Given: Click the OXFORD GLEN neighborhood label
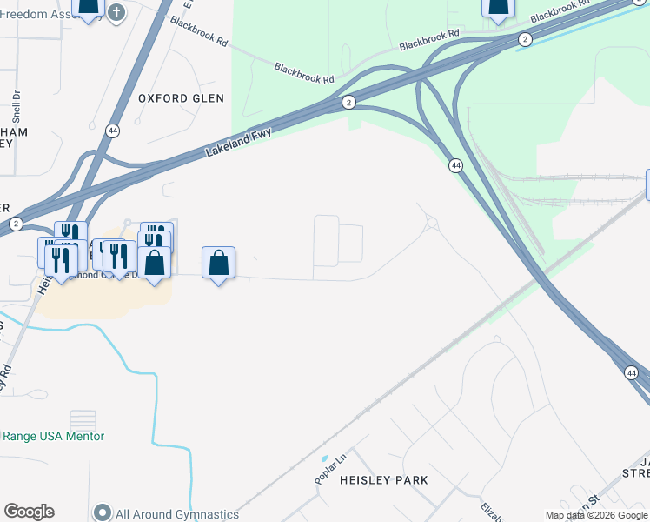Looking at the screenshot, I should (x=181, y=98).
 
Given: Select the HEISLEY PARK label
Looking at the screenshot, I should (x=383, y=480).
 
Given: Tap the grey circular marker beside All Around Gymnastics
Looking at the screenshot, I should (x=103, y=513).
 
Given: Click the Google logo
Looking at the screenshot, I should (x=29, y=512).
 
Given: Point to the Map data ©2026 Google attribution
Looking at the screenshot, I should (x=596, y=515).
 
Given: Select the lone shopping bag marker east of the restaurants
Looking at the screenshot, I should (x=218, y=263).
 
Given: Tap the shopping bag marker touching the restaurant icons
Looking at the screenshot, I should (x=154, y=263).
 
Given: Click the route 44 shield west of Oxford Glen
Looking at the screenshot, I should (x=113, y=130).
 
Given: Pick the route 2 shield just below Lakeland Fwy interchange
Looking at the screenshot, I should (x=348, y=103).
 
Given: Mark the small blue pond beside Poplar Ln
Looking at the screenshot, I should (x=324, y=458).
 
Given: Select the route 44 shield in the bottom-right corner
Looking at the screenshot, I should (x=631, y=372).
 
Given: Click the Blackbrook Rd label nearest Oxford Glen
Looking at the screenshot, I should (x=304, y=73).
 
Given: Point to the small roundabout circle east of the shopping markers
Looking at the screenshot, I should (x=431, y=224).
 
